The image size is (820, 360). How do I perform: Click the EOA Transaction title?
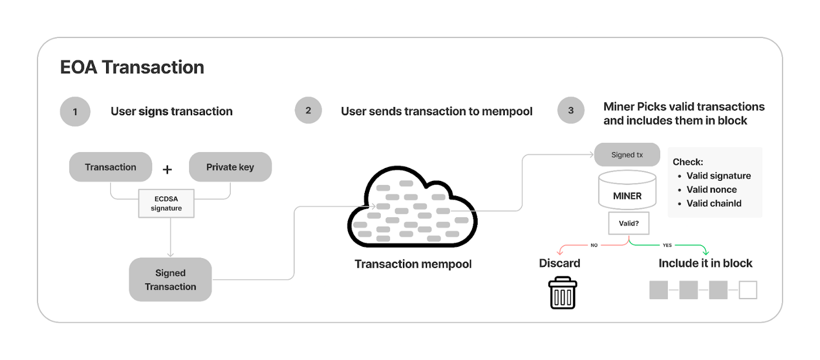[x=132, y=67]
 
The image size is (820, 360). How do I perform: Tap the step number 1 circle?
[x=75, y=111]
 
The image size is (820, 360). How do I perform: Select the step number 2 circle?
[x=308, y=110]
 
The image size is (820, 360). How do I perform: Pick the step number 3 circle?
[x=570, y=110]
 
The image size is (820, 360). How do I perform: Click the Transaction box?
[x=111, y=167]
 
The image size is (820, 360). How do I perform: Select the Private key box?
[x=230, y=167]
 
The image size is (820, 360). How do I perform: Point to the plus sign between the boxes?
[x=168, y=170]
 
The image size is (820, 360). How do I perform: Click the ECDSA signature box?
[x=166, y=204]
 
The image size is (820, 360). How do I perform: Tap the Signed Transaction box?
[x=170, y=280]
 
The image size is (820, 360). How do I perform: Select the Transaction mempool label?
[x=413, y=264]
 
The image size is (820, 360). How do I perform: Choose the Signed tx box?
[x=627, y=155]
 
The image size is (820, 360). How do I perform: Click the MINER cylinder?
[x=627, y=191]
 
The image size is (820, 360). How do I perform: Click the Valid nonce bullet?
[x=712, y=190]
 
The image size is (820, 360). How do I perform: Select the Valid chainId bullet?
[x=714, y=204]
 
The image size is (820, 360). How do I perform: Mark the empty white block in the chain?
[x=748, y=290]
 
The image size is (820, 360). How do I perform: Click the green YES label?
[x=667, y=245]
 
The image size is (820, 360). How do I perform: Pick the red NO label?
[x=594, y=245]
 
